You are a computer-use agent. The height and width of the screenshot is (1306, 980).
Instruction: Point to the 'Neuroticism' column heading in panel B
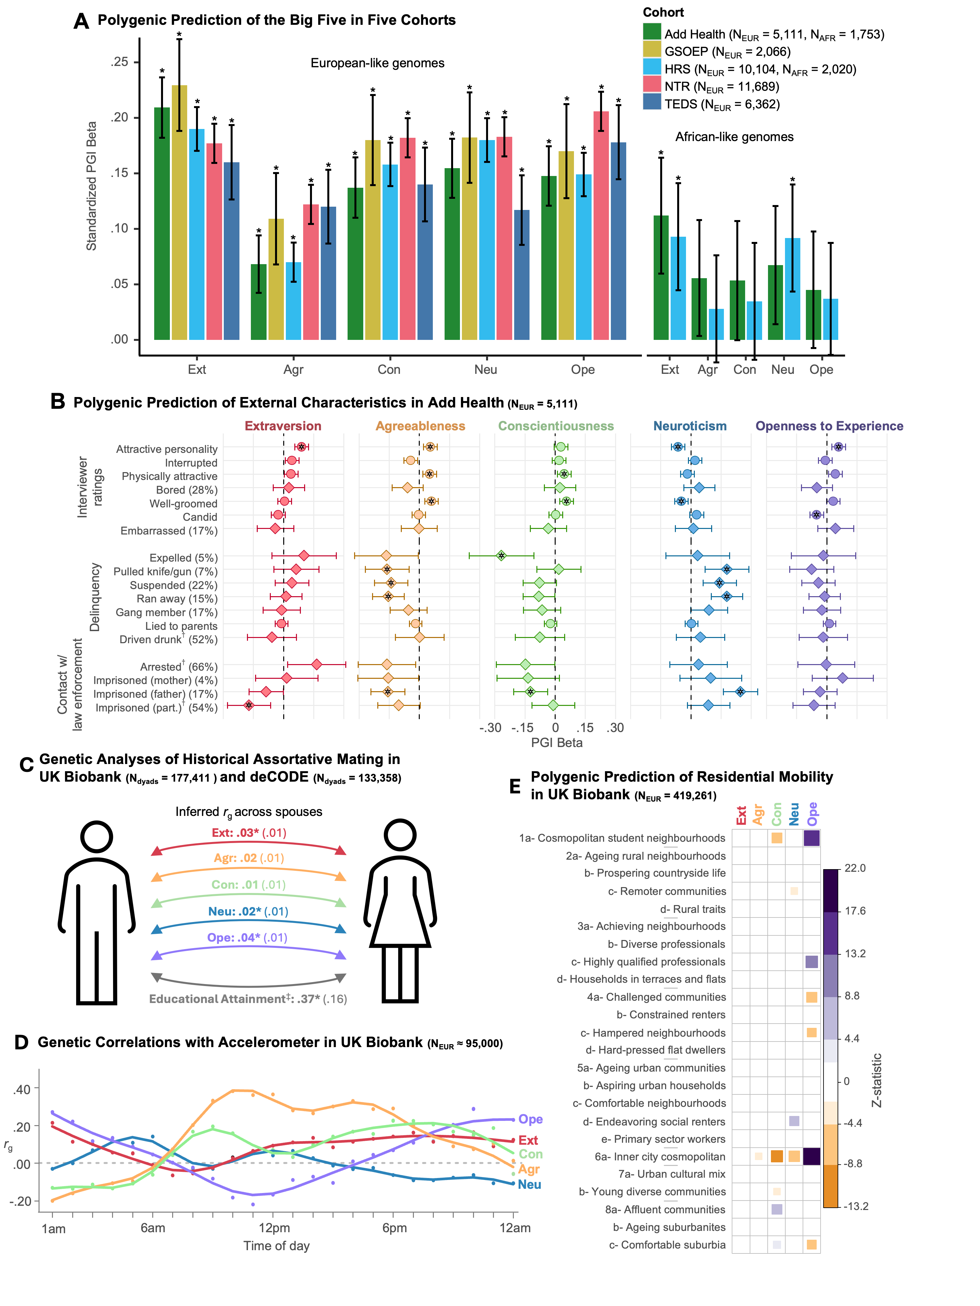point(689,426)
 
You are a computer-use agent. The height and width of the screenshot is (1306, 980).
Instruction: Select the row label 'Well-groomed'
point(183,503)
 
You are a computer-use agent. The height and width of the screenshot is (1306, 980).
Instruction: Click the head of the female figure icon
point(400,836)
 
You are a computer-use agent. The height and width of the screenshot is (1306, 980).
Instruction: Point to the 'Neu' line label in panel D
point(529,1184)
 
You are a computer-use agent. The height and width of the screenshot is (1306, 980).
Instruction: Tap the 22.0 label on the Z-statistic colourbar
point(855,868)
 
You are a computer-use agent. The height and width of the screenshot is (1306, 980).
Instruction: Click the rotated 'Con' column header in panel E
point(777,814)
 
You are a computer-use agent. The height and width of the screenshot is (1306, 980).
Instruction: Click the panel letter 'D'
point(21,1042)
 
